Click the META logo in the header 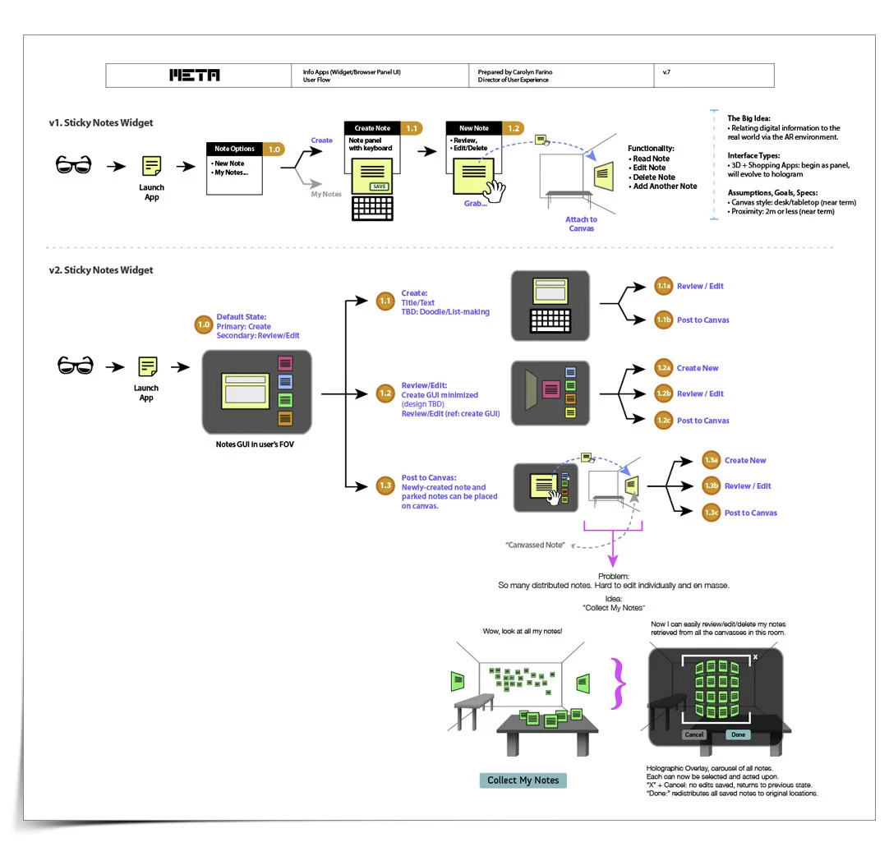coord(195,76)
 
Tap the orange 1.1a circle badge coord(663,286)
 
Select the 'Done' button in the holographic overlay coord(738,734)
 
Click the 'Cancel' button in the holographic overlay coord(694,734)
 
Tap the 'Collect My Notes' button coord(523,780)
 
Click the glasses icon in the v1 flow coord(74,165)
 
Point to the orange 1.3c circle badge coord(711,513)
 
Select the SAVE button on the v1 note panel coord(379,186)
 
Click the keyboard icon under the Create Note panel coord(372,208)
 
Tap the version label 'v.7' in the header coord(666,72)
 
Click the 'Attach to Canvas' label coord(581,224)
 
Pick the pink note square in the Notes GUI coord(284,363)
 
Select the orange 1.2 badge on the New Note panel coord(513,129)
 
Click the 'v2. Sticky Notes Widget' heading coord(101,270)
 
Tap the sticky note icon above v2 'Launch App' coord(148,366)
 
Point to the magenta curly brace coord(618,683)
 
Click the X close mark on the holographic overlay coord(755,657)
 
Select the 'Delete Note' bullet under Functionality coord(652,177)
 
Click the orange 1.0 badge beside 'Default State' coord(204,324)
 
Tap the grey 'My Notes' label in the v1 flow coord(326,195)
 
